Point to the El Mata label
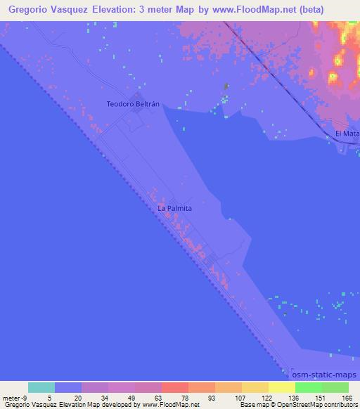click(347, 133)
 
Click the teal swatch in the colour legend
click(41, 387)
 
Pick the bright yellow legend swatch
click(281, 387)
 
